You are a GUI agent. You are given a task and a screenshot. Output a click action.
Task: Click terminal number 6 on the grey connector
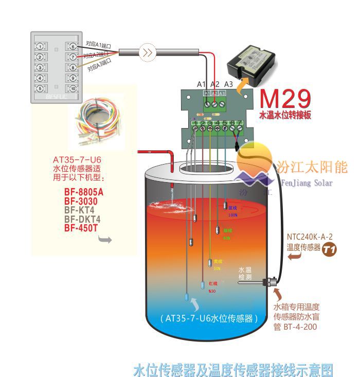(73, 46)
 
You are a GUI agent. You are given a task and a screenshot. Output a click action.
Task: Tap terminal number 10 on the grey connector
(73, 88)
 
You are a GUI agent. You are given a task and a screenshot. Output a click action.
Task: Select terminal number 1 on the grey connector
(39, 46)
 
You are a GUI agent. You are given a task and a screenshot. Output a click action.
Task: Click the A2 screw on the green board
(214, 102)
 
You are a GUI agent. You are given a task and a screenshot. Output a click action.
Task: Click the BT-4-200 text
(301, 327)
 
